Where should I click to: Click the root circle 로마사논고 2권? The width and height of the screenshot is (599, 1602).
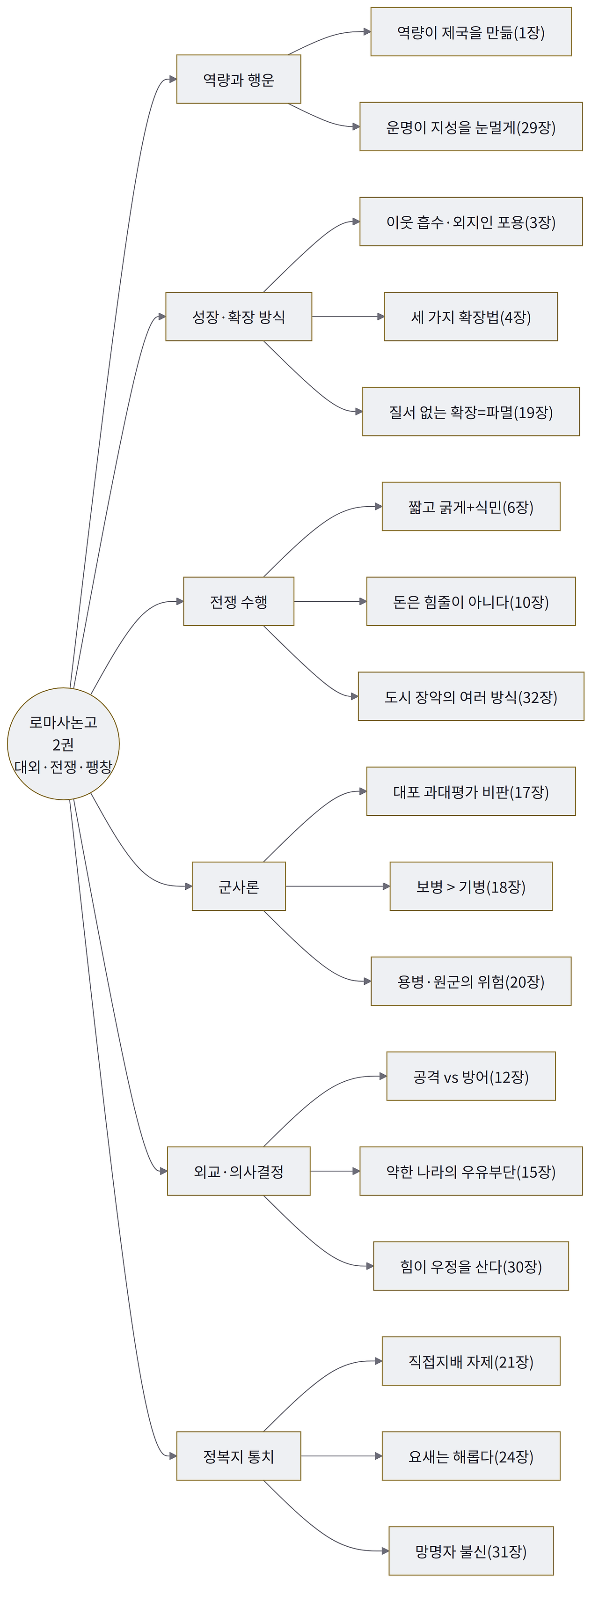(x=63, y=744)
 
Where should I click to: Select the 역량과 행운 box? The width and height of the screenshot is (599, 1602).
(x=239, y=79)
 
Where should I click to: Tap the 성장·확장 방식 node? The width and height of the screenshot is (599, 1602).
(x=239, y=317)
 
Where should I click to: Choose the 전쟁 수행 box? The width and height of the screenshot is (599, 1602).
(x=239, y=601)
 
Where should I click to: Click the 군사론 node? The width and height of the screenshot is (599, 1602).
(x=239, y=886)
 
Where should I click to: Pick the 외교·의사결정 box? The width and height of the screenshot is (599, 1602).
(x=239, y=1171)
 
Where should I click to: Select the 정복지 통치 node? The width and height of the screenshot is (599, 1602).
(x=239, y=1456)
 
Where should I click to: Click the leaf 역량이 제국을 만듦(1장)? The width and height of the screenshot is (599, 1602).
(x=471, y=32)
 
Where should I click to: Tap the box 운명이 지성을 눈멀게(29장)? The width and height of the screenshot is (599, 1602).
(x=471, y=127)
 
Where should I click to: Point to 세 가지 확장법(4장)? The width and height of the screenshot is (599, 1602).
(x=471, y=317)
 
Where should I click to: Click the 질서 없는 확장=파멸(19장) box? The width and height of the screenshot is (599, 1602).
(x=471, y=412)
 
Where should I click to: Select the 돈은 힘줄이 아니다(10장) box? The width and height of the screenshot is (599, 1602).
(x=471, y=601)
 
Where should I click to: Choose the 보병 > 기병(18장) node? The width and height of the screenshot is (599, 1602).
(x=471, y=886)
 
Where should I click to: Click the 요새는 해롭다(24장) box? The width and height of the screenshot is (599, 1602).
(x=471, y=1456)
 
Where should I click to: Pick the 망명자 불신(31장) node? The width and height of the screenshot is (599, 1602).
(x=471, y=1551)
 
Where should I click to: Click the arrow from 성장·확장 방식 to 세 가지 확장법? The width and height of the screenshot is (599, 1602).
(x=348, y=317)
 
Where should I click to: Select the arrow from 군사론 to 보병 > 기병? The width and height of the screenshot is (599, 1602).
(x=337, y=886)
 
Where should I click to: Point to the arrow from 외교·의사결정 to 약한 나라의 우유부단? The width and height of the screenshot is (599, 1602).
(x=335, y=1171)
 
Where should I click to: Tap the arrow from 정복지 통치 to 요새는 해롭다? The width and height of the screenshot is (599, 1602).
(x=341, y=1456)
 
